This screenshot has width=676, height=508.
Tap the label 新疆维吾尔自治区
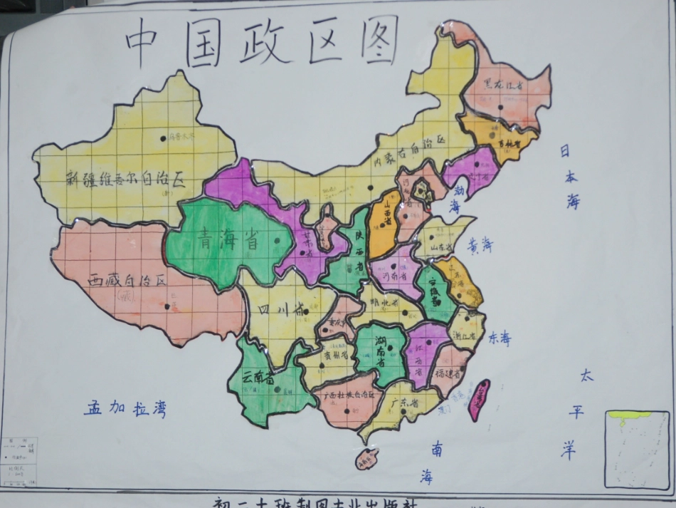click(x=125, y=179)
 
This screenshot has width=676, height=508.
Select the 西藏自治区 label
click(x=127, y=281)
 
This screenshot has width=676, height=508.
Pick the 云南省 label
click(x=258, y=378)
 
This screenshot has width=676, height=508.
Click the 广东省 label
click(x=404, y=403)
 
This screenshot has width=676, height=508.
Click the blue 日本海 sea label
click(x=569, y=177)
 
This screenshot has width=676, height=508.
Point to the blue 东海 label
click(x=500, y=338)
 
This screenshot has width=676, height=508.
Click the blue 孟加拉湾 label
click(x=125, y=409)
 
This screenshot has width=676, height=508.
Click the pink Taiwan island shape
click(x=479, y=400)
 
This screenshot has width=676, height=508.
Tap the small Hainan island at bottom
click(x=367, y=460)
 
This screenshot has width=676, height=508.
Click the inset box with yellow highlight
click(x=637, y=449)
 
